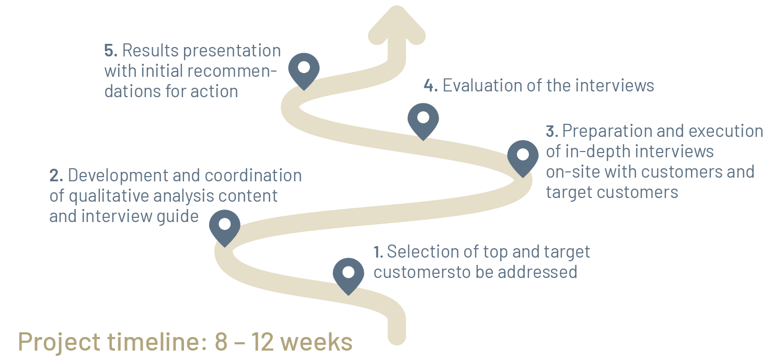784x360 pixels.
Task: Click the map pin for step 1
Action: click(x=349, y=274)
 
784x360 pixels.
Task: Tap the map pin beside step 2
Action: click(x=224, y=226)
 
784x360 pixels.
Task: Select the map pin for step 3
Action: click(x=523, y=156)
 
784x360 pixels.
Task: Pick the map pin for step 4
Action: click(x=423, y=119)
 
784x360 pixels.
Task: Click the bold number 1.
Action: click(x=378, y=252)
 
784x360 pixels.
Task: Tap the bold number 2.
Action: click(x=56, y=176)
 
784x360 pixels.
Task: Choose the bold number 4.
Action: click(x=430, y=85)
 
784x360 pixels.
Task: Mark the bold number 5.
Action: click(x=111, y=51)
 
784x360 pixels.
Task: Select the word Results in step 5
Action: click(x=149, y=51)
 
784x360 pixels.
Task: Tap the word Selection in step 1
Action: click(x=423, y=252)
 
